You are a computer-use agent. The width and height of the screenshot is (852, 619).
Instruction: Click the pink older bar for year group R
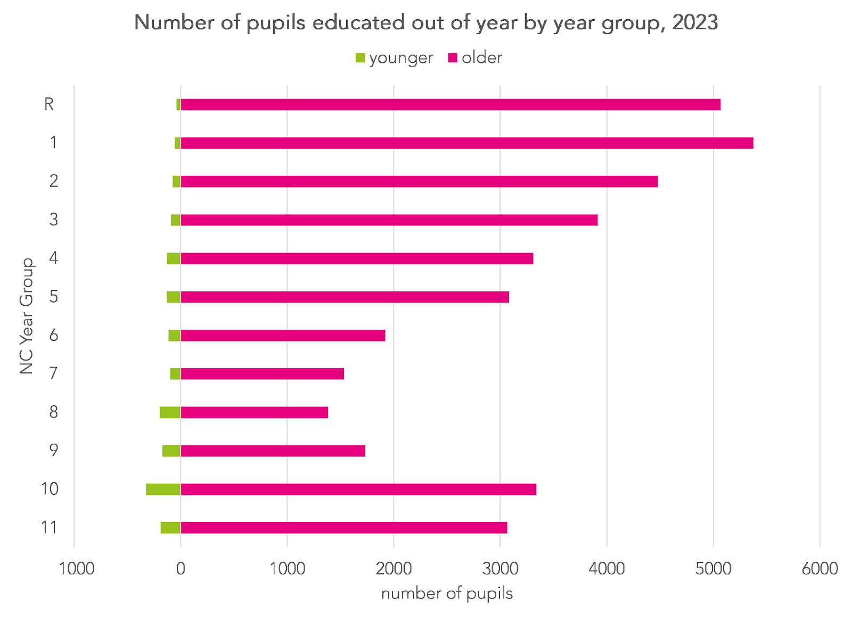click(450, 104)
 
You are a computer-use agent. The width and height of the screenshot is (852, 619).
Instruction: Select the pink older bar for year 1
click(466, 143)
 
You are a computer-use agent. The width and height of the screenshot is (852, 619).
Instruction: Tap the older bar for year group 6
click(283, 336)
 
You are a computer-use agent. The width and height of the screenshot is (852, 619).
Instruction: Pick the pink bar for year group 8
click(254, 412)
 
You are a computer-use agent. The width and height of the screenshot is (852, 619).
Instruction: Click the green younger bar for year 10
click(163, 489)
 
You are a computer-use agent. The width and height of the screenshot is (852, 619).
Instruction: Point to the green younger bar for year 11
click(170, 528)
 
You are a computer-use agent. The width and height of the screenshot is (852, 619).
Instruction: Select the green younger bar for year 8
click(170, 412)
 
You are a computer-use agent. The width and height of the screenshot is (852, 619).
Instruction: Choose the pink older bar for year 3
click(389, 220)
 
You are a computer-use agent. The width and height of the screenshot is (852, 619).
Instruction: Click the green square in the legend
click(360, 58)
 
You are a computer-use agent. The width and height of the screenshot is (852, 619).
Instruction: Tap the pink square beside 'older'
click(453, 58)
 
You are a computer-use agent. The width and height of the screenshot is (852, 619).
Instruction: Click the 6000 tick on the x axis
click(820, 569)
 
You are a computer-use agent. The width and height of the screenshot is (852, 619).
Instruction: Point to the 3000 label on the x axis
click(500, 569)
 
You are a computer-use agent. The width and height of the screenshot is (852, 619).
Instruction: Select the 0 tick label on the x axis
click(181, 569)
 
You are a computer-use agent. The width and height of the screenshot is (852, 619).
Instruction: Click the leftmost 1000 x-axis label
click(77, 569)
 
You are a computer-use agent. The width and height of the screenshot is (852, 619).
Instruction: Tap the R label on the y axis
click(49, 104)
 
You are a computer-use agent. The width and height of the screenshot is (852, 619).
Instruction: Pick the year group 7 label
click(53, 373)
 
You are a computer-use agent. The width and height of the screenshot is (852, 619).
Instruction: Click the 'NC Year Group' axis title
click(27, 316)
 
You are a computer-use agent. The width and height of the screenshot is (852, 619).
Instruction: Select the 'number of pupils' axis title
click(447, 593)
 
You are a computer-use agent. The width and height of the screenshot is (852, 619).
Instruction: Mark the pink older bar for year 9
click(273, 451)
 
